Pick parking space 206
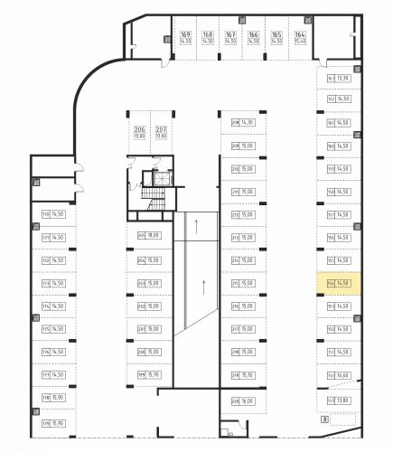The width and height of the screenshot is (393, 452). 139,133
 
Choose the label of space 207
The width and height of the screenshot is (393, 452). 161,133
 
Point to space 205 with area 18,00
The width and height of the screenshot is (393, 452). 148,237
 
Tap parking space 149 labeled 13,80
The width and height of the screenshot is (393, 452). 338,400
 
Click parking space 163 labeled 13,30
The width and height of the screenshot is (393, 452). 338,78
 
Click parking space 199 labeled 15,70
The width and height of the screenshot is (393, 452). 148,375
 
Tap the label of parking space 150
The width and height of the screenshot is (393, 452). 338,375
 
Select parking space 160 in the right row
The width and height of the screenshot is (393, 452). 338,146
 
